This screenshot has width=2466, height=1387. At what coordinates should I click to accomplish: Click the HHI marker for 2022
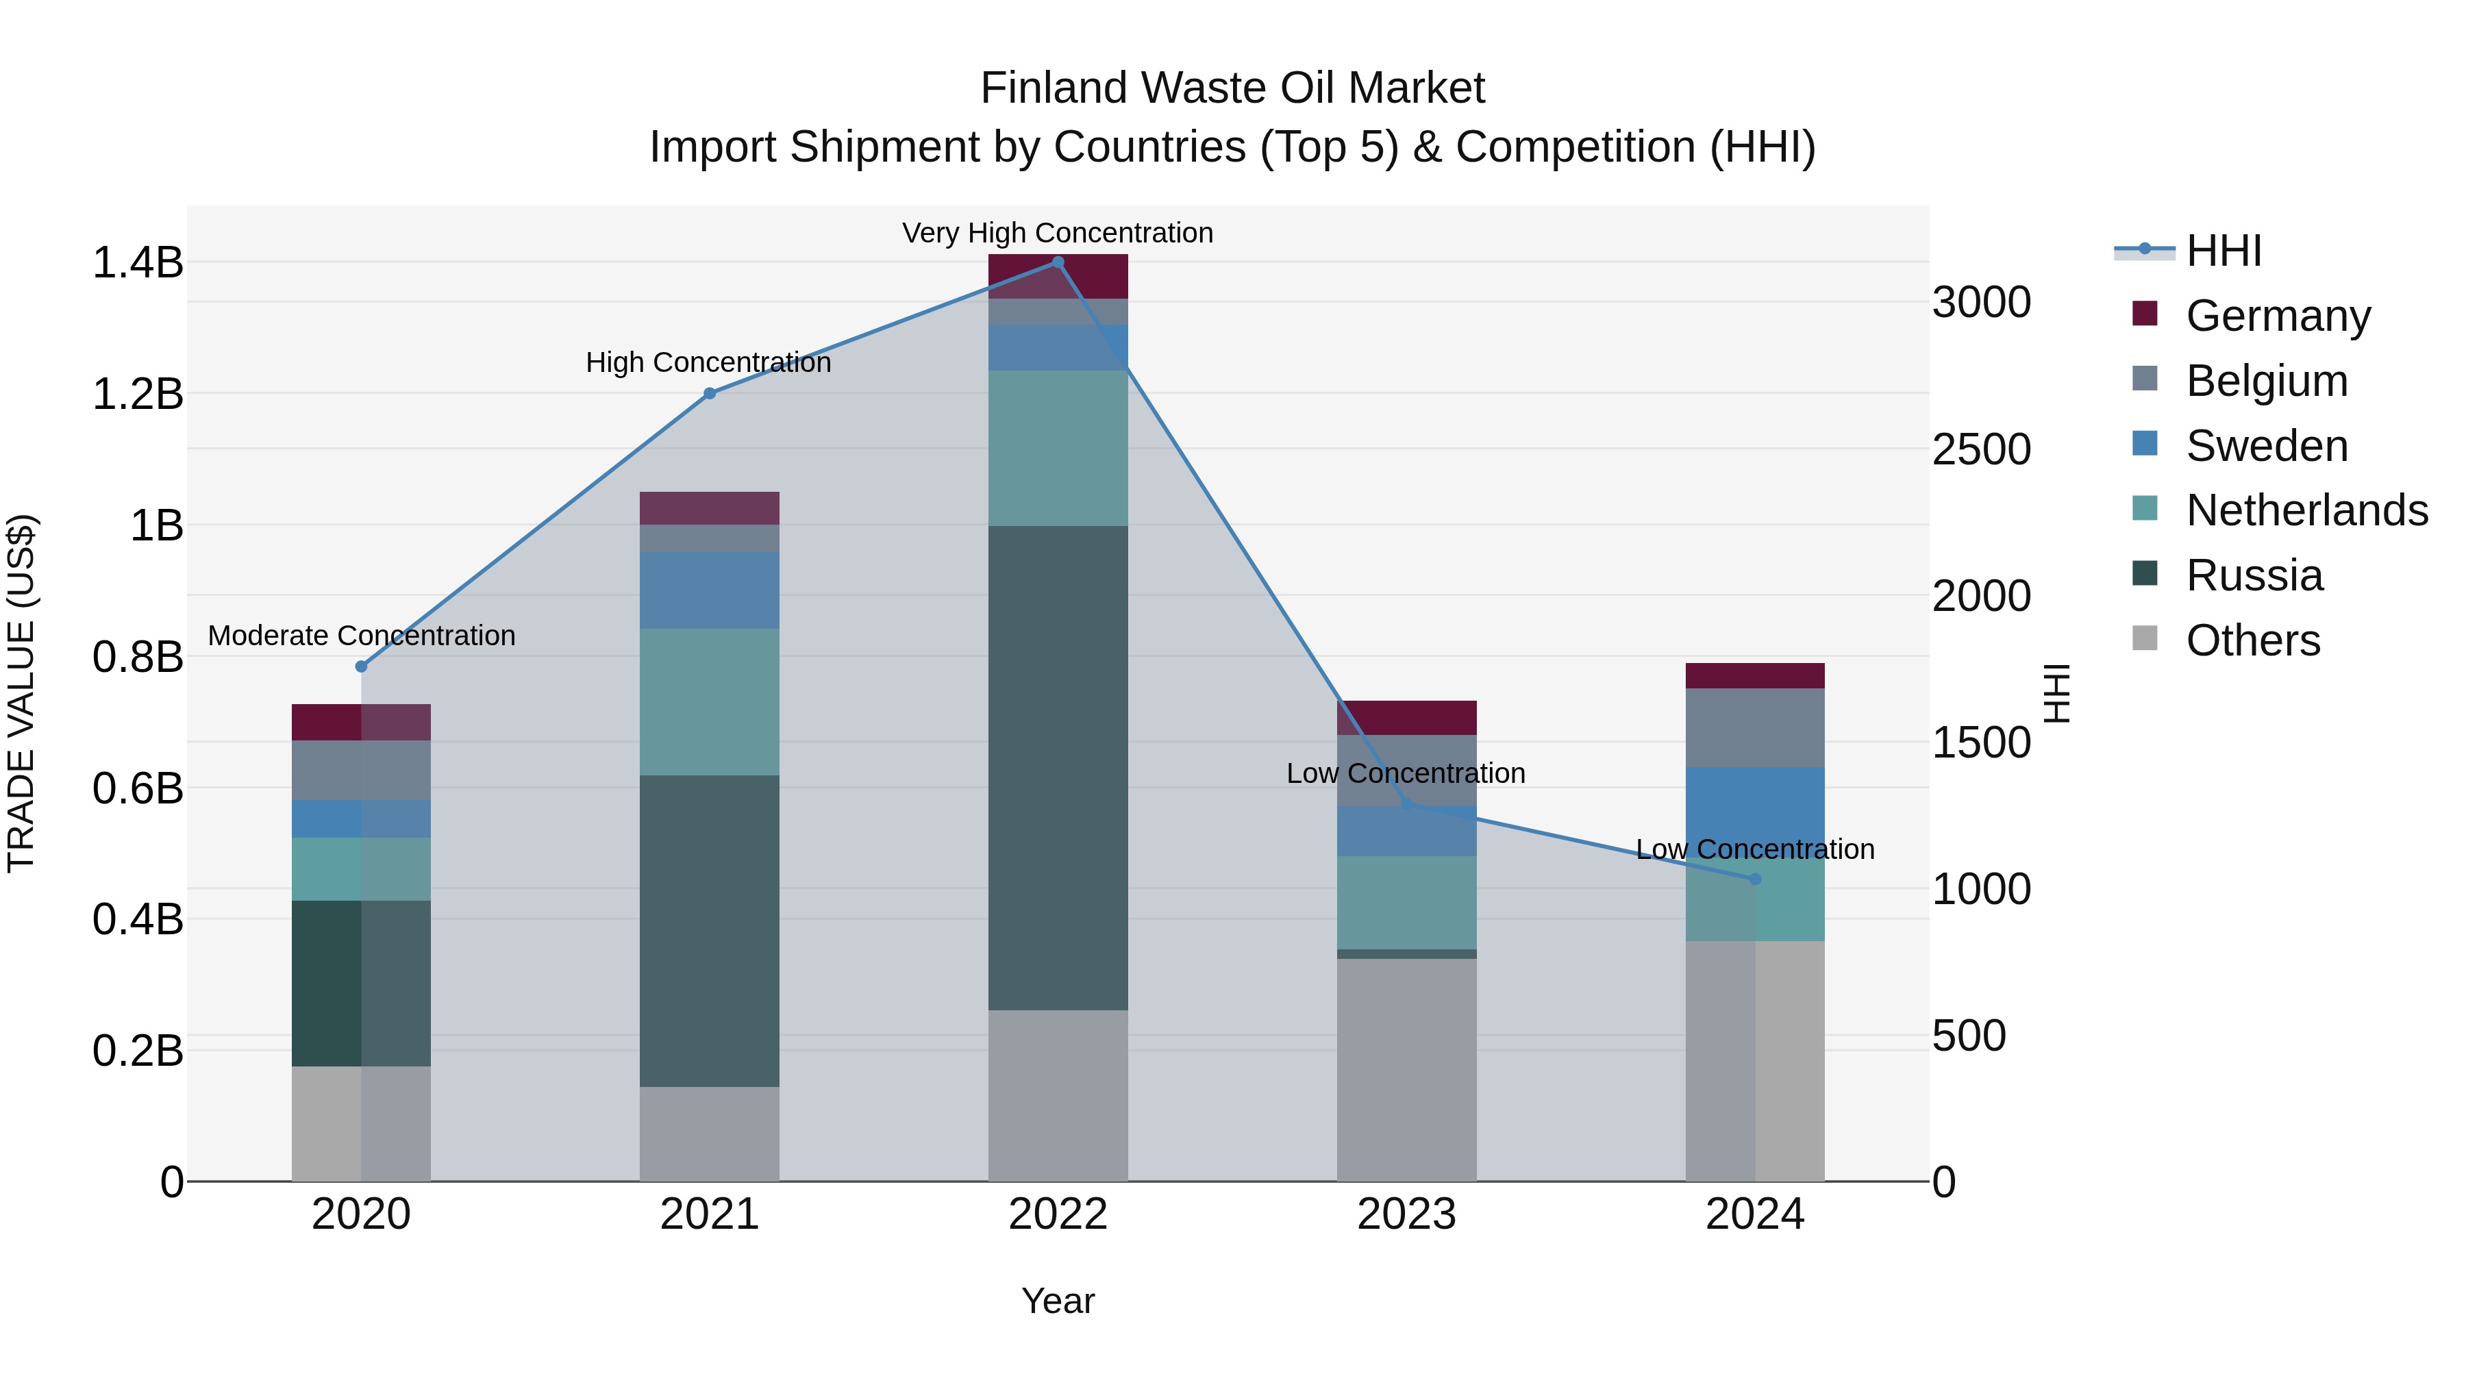1058,262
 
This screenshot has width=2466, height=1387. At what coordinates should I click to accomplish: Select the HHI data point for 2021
710,393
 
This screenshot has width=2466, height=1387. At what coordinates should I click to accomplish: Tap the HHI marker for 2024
1755,879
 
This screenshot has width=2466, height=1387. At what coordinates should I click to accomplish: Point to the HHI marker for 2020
361,666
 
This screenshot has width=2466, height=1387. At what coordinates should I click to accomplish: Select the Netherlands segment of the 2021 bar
710,701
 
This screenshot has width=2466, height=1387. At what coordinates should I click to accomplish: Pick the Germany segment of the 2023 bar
1406,718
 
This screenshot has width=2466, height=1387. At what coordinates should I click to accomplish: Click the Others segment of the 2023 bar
1406,1069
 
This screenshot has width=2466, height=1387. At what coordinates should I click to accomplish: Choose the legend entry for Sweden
2266,446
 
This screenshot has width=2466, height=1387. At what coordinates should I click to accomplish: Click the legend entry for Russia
2254,575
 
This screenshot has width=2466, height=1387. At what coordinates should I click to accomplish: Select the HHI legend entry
2223,251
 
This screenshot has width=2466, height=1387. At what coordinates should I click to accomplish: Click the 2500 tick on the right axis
1980,449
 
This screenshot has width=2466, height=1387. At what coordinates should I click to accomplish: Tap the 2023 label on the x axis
1406,1214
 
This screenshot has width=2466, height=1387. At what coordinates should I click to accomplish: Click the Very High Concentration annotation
1057,233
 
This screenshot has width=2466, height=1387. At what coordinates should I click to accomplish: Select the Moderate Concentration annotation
361,636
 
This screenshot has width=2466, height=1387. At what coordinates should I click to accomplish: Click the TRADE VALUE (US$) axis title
21,693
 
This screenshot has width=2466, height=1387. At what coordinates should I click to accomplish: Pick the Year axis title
1057,1301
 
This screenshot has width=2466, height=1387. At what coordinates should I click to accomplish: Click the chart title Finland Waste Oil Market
1232,88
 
